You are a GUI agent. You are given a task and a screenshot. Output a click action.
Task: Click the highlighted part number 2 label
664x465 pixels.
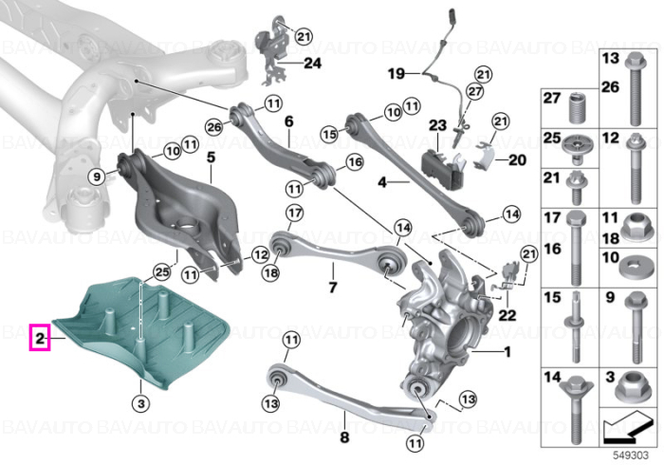40,338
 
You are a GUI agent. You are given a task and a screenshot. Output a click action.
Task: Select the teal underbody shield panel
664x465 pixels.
139,330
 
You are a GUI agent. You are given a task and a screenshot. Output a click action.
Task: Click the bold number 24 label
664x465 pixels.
312,64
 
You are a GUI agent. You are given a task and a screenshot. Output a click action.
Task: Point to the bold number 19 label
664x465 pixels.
397,74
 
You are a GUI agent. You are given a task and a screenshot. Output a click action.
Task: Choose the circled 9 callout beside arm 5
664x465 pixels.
97,177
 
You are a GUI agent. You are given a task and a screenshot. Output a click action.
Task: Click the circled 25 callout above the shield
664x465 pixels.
162,271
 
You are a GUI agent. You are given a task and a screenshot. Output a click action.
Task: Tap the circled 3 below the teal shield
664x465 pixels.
141,403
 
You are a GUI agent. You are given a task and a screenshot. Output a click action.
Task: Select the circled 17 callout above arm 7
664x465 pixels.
295,213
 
